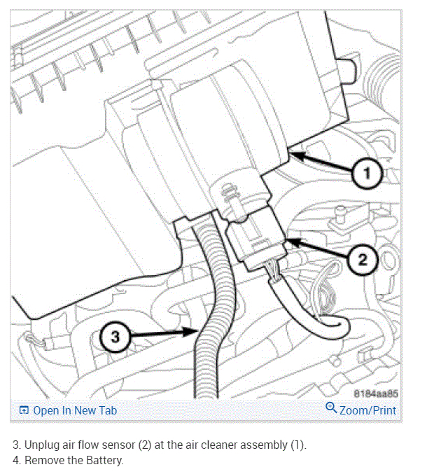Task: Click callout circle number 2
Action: pyautogui.click(x=362, y=260)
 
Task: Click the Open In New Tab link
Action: pyautogui.click(x=75, y=411)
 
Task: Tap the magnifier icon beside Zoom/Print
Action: pyautogui.click(x=331, y=410)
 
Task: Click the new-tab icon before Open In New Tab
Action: pyautogui.click(x=24, y=411)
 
